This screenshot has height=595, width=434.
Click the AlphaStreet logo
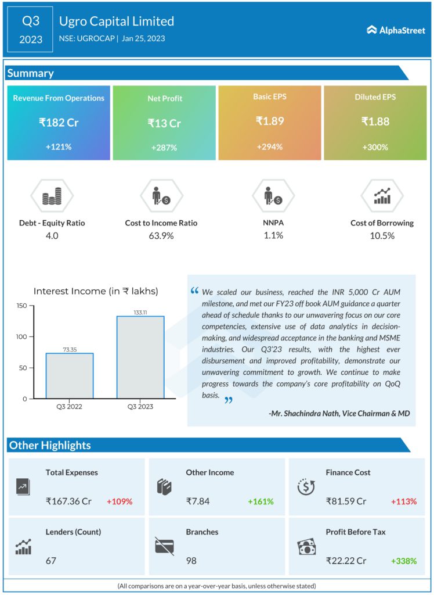pos(396,30)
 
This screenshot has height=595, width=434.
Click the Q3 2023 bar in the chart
pos(140,357)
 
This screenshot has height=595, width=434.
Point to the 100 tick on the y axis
pos(22,336)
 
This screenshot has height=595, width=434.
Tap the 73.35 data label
pos(70,349)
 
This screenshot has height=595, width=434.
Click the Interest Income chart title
pos(96,291)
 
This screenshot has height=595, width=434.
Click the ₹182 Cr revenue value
pos(59,123)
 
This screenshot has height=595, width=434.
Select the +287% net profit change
pos(164,148)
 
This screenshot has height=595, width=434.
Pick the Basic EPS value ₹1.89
pos(270,121)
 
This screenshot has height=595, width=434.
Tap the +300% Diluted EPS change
pos(375,147)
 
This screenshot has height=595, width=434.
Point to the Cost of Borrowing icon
pos(382,197)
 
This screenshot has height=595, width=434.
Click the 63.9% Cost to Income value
pos(161,235)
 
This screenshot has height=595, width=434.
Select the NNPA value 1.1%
pos(273,235)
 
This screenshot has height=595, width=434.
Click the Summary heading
pos(31,73)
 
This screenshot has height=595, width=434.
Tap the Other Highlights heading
pos(50,445)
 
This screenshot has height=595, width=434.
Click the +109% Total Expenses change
pos(120,501)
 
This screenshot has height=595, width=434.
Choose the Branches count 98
pos(191,561)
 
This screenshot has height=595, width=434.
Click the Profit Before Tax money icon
pos(306,547)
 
